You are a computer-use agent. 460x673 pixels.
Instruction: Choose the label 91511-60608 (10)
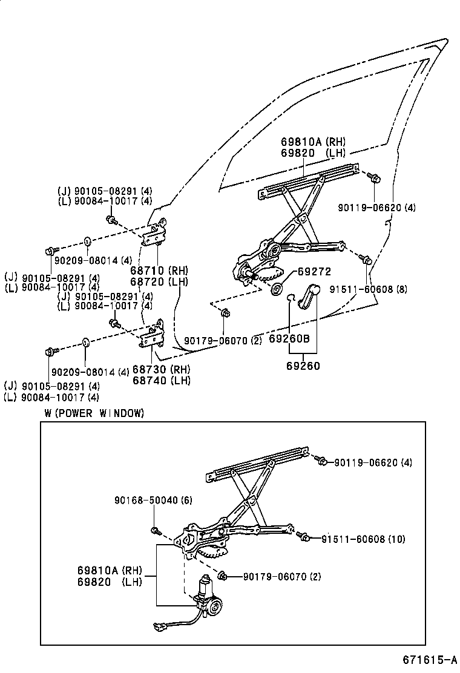click(363, 539)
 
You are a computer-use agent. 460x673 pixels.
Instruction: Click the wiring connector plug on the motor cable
click(162, 628)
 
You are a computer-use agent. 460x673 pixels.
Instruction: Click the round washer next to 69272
click(278, 289)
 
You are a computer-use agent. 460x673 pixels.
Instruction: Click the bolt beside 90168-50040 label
click(156, 531)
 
